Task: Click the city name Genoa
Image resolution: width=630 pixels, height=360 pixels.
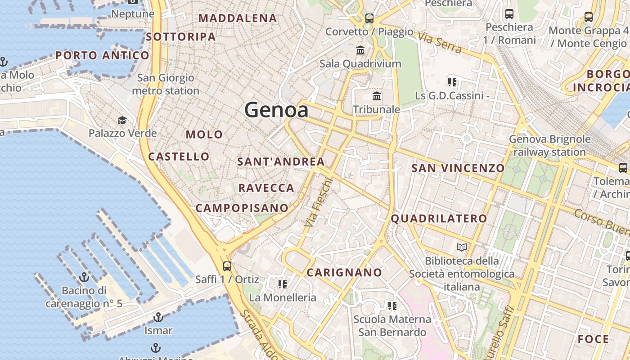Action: click(276, 110)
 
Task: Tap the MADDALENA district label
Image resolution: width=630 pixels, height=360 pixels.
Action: click(238, 18)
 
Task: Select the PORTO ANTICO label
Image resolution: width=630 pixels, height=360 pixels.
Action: click(102, 56)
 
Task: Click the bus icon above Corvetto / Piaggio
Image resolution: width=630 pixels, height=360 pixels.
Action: click(369, 18)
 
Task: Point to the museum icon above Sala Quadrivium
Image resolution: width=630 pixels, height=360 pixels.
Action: click(360, 50)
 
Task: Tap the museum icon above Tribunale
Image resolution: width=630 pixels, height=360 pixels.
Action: click(377, 96)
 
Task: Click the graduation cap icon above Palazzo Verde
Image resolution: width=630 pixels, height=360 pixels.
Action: click(122, 120)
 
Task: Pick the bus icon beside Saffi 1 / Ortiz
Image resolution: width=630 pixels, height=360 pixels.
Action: click(227, 266)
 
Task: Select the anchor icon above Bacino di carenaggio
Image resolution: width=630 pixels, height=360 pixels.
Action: click(84, 277)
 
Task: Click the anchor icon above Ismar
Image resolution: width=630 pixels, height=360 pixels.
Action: click(158, 318)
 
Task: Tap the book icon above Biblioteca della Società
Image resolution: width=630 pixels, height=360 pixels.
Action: click(462, 247)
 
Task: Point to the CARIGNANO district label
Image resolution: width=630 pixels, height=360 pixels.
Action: click(344, 273)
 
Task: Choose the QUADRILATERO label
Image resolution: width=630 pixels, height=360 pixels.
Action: click(439, 219)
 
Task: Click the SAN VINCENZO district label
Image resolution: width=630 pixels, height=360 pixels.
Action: click(458, 168)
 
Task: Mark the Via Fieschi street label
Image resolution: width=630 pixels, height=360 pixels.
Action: click(319, 202)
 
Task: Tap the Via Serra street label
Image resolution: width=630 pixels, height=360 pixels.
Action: click(440, 43)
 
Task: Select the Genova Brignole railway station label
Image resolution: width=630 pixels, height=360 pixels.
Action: click(549, 146)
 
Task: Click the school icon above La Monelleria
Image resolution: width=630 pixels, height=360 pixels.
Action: click(283, 284)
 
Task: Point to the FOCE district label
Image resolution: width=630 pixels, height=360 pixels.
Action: click(594, 339)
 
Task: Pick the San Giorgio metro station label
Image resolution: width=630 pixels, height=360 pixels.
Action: click(166, 84)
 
